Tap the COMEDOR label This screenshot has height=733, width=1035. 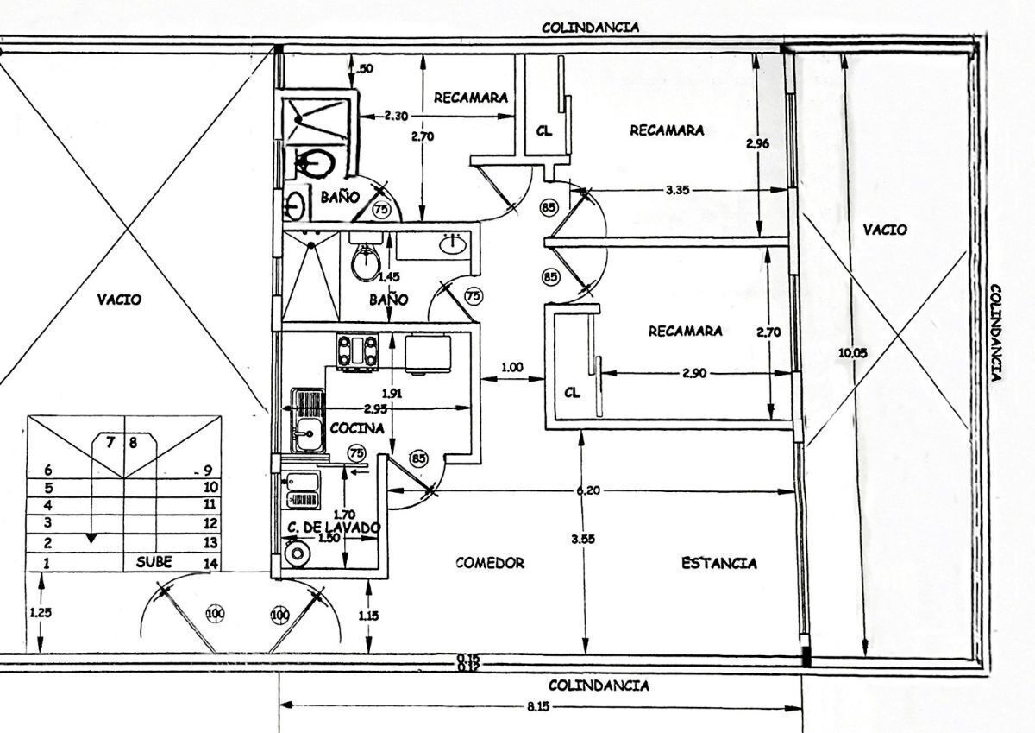tap(490, 563)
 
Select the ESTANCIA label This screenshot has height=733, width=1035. tap(719, 564)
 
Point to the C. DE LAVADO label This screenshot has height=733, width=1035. tap(334, 526)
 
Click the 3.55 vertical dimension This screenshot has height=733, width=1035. tap(583, 539)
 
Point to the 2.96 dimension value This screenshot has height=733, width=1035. tap(757, 143)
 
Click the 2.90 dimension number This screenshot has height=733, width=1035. tap(693, 373)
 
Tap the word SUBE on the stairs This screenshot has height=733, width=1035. tap(154, 562)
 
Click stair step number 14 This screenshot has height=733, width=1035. tap(210, 564)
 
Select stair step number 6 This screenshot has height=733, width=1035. tap(48, 470)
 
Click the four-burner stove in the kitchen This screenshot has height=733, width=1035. tap(358, 351)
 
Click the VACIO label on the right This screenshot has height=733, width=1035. tap(885, 230)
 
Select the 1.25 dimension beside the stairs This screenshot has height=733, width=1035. tap(39, 612)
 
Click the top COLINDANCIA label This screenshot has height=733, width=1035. tap(591, 27)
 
